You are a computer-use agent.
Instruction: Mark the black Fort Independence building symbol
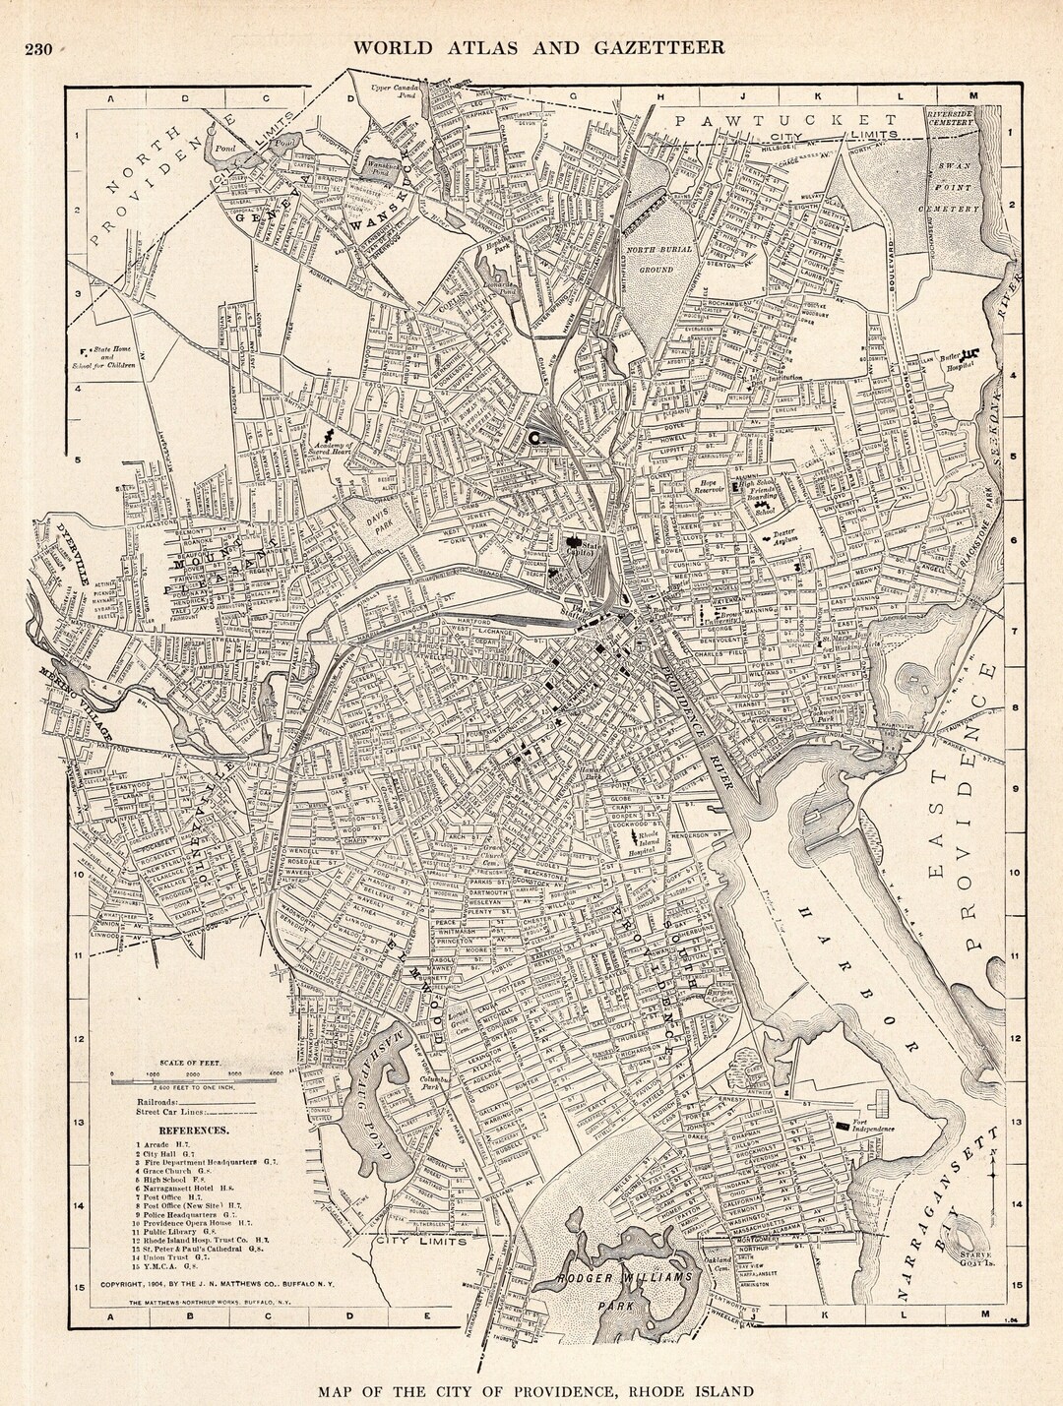coord(843,1123)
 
